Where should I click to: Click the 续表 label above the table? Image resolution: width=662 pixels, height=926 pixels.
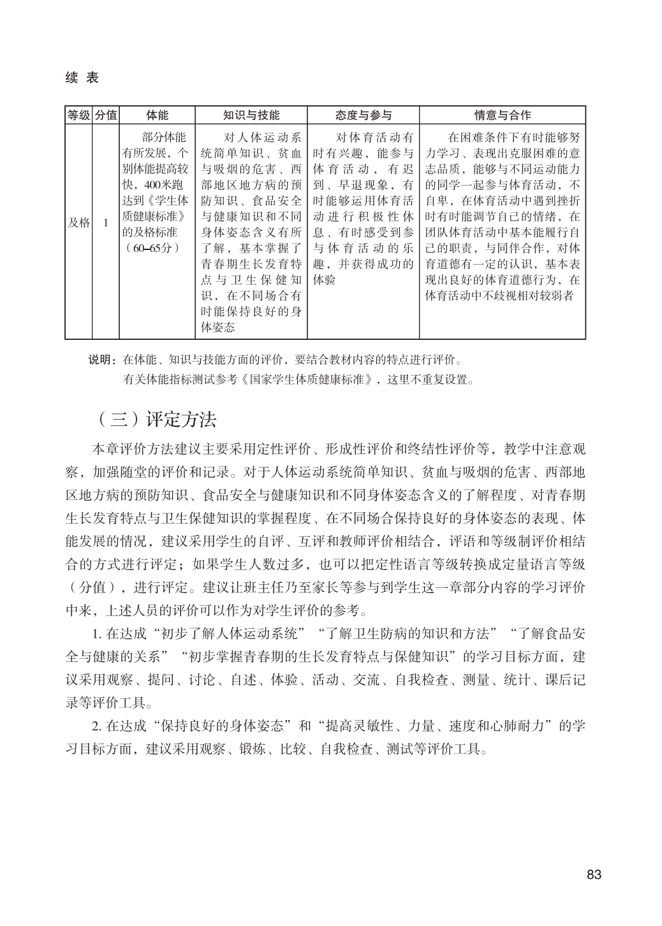tap(82, 78)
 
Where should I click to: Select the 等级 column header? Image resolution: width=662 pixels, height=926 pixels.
tap(79, 115)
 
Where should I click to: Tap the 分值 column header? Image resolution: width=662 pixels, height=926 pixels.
tap(106, 115)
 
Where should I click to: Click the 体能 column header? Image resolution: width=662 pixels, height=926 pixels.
tap(157, 115)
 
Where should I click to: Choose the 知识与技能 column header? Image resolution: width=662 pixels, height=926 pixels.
tap(251, 115)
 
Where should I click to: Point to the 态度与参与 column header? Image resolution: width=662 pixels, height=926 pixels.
tap(364, 115)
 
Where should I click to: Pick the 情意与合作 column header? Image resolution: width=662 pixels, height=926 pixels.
tap(503, 115)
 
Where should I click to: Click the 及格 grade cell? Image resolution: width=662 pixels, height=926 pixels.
tap(79, 223)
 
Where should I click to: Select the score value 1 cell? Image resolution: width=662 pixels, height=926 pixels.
tap(106, 223)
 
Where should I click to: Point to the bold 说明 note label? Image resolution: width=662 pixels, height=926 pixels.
tap(101, 360)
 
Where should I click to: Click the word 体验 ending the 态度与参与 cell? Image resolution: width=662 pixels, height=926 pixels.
tap(325, 280)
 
